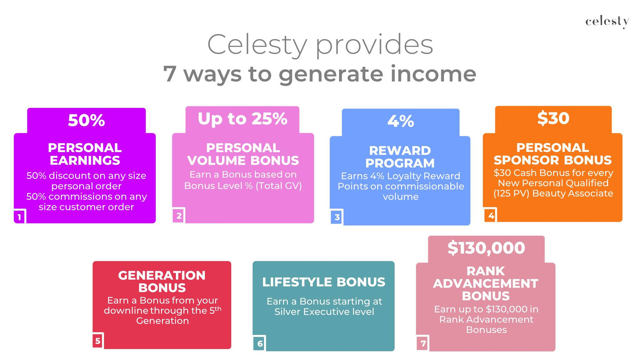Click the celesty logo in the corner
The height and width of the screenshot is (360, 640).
tap(607, 22)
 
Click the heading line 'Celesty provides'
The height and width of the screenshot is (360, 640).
tap(320, 45)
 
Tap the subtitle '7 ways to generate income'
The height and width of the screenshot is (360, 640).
tap(320, 74)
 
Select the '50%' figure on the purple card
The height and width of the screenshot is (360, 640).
tap(86, 120)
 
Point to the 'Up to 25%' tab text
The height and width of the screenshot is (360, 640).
tap(242, 119)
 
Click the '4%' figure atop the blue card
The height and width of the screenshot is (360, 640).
tap(401, 121)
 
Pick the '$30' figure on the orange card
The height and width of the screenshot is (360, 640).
tap(553, 118)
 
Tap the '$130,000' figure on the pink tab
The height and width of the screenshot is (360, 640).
tap(486, 248)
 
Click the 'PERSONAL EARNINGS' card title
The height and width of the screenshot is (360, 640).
tap(85, 154)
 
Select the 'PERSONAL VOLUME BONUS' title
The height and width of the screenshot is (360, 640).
tap(243, 154)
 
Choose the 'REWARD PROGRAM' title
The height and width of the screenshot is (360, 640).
tap(400, 157)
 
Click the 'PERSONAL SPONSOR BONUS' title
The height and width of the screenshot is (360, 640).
tap(553, 154)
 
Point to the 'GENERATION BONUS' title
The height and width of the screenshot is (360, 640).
tap(162, 282)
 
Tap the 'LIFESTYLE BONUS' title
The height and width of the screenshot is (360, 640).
tap(324, 282)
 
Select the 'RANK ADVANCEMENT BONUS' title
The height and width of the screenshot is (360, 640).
tap(486, 283)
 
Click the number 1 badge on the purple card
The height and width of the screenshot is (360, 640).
tap(20, 217)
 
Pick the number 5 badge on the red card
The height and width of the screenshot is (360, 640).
tap(98, 341)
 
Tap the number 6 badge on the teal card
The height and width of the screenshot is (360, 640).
tap(260, 344)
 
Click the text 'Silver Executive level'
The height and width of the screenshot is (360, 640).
tap(324, 312)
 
